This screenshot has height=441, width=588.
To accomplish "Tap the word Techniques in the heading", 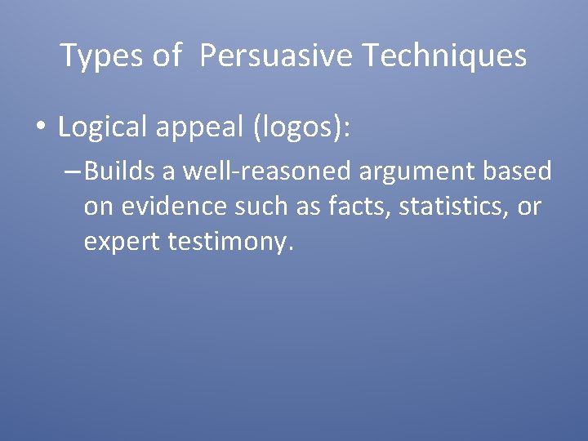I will tap(444, 56).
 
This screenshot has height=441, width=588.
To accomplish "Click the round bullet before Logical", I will tap(42, 128).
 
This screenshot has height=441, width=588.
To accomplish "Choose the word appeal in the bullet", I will tap(200, 127).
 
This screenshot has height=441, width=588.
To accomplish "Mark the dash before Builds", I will tap(71, 172).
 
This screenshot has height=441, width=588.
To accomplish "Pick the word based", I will tap(523, 171).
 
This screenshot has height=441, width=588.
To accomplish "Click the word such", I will tap(256, 207).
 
